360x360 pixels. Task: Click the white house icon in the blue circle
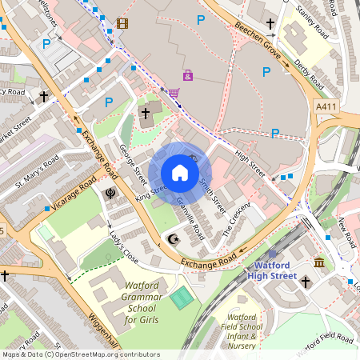(180, 173)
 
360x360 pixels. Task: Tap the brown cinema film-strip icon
(122, 22)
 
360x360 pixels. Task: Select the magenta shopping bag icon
(187, 75)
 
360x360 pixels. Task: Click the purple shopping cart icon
(174, 93)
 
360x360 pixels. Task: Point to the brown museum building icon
(319, 263)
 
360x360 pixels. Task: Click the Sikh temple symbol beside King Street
(111, 193)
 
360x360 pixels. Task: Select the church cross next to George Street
(145, 114)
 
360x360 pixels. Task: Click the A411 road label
(326, 106)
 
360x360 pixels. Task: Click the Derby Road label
(308, 74)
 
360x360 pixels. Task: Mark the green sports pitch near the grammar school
(182, 298)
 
